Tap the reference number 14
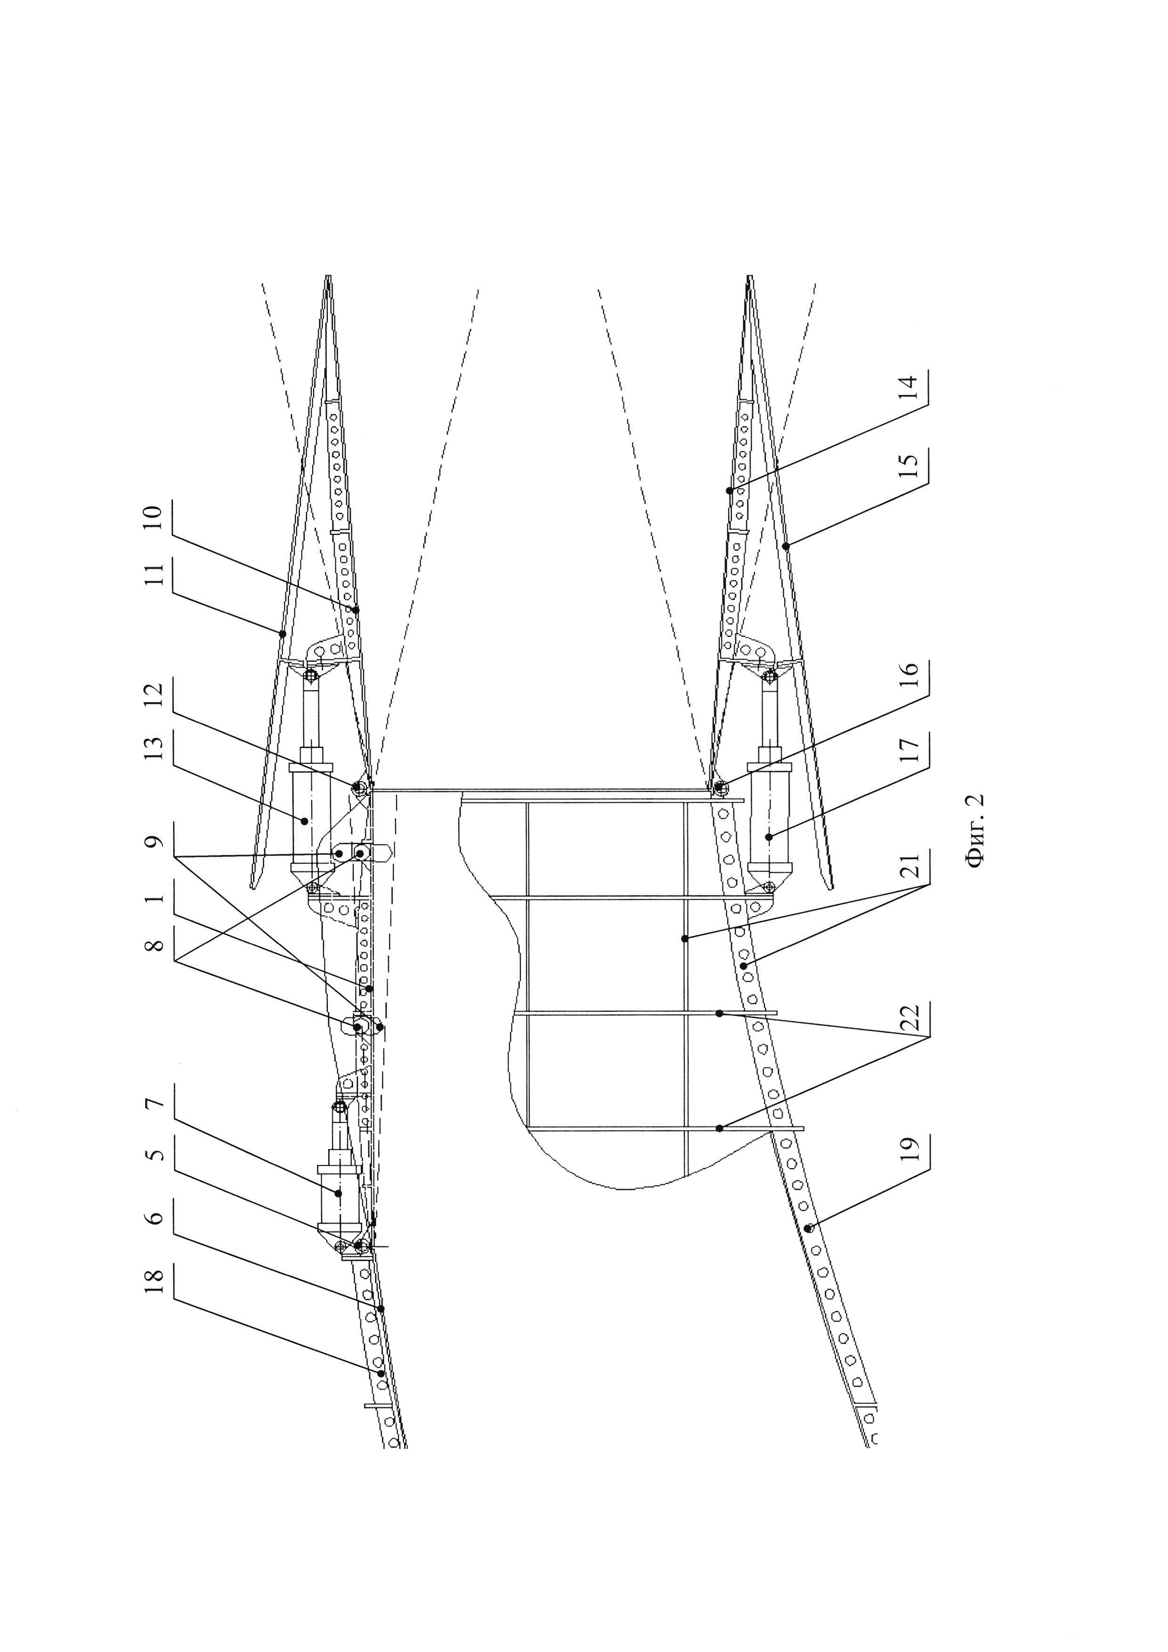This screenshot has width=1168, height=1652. coord(910,389)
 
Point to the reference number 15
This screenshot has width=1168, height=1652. coord(910,468)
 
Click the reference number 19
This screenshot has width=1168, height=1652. coord(910,1147)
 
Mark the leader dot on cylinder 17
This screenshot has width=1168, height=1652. coord(769,836)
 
